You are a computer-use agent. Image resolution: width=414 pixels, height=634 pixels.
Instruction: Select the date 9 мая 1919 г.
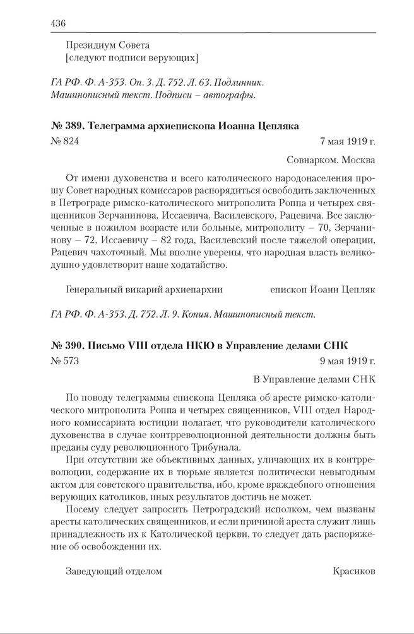(348, 362)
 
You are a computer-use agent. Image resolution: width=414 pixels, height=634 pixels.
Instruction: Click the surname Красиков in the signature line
(353, 571)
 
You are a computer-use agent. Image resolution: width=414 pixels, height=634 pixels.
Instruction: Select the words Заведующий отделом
(114, 571)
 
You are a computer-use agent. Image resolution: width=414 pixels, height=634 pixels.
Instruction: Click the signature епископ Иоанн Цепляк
(322, 289)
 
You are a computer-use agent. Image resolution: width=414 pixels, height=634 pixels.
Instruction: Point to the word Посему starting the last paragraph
(80, 509)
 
